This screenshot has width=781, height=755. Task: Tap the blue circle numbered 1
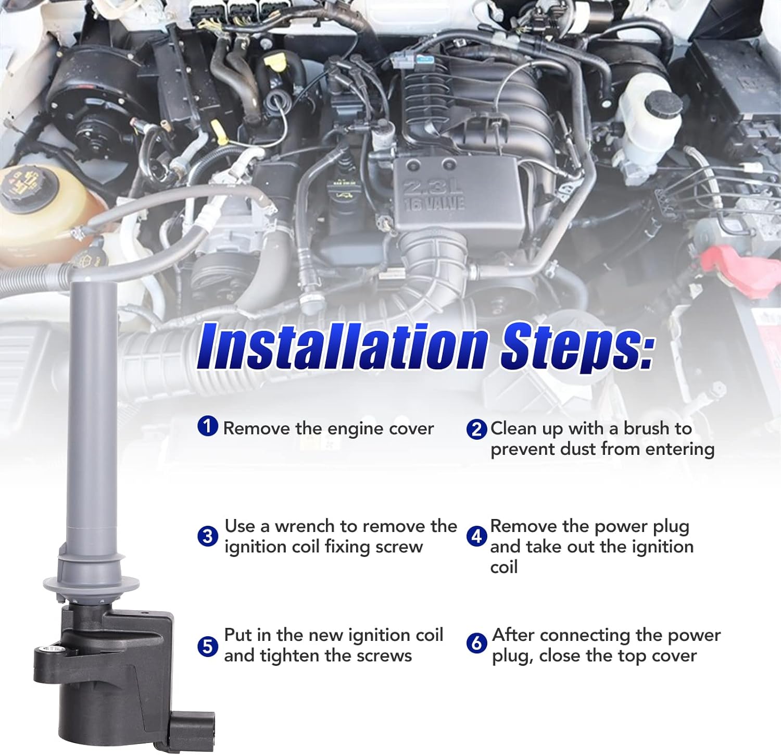pyautogui.click(x=208, y=426)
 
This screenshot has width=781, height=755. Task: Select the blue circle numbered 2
pyautogui.click(x=476, y=429)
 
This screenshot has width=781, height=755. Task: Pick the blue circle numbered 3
pyautogui.click(x=208, y=536)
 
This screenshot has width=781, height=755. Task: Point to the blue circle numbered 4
pyautogui.click(x=476, y=536)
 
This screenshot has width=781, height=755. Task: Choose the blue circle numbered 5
pyautogui.click(x=208, y=646)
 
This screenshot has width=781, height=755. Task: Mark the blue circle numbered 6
pyautogui.click(x=476, y=643)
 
